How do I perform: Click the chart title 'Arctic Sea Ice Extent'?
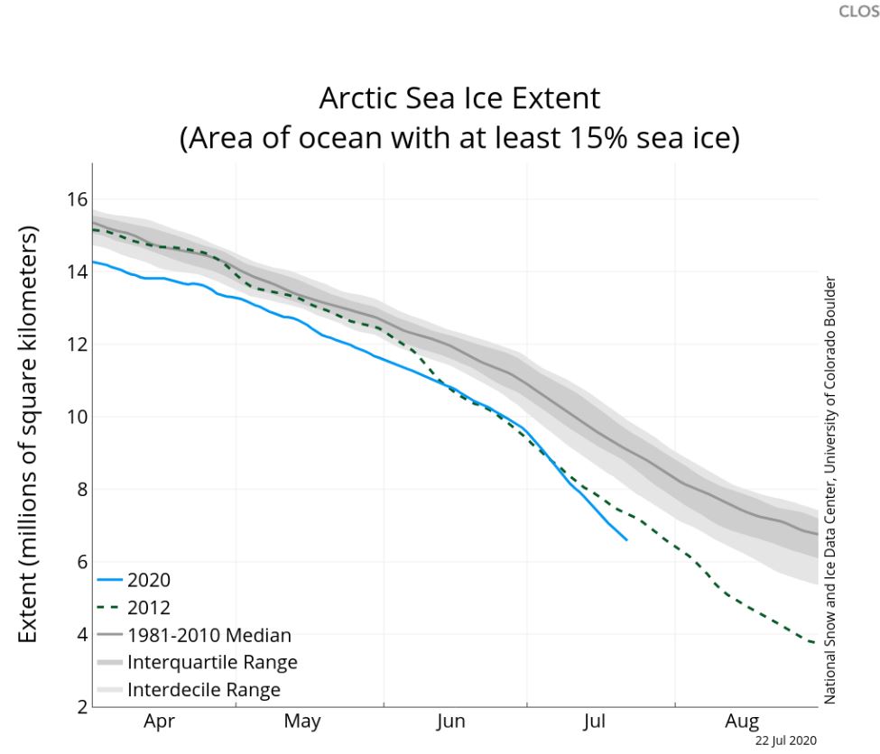[459, 99]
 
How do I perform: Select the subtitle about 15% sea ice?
[459, 140]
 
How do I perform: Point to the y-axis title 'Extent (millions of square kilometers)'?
[29, 435]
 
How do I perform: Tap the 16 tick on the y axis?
[76, 199]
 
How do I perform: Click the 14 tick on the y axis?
[76, 271]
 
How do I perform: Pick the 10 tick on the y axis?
[76, 417]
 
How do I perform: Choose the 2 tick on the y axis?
[79, 707]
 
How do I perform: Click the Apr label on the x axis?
[160, 722]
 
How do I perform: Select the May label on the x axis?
[302, 722]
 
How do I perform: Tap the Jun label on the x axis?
[450, 722]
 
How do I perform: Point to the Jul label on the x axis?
[594, 722]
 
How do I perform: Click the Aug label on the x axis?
[742, 722]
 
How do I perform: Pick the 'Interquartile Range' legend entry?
[212, 663]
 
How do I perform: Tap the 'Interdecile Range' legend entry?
[204, 691]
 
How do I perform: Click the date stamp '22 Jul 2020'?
[786, 740]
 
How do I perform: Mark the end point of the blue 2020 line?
[626, 539]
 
